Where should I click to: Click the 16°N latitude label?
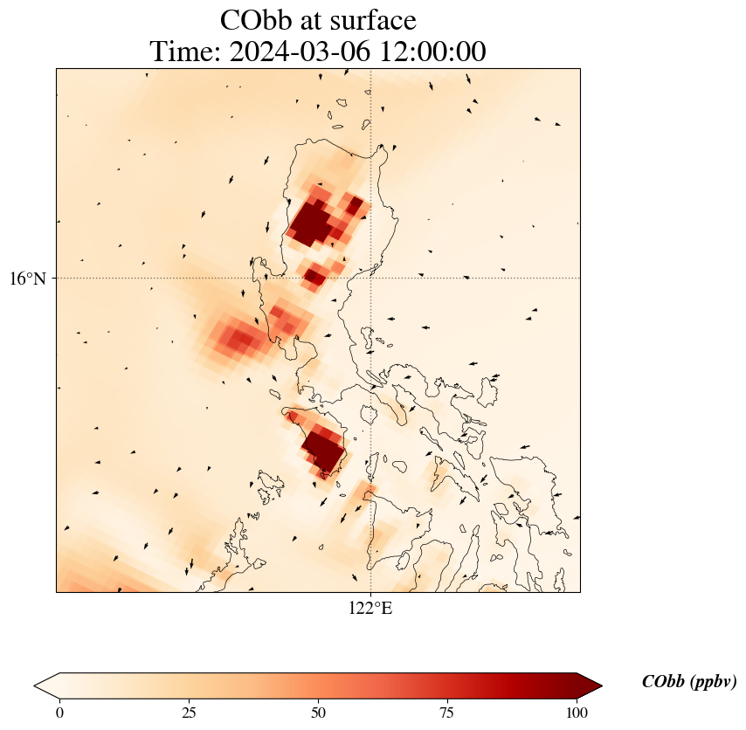(x=33, y=279)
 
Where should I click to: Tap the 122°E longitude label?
(x=370, y=609)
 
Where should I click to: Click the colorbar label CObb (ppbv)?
(x=688, y=682)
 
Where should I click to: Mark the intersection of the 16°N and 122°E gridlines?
(x=371, y=279)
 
